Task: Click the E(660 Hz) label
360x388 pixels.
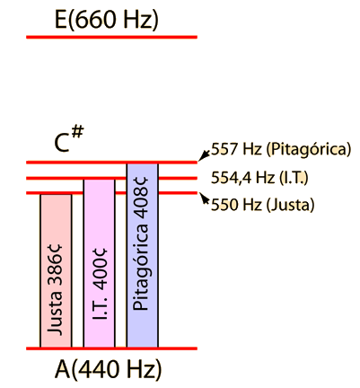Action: pyautogui.click(x=107, y=20)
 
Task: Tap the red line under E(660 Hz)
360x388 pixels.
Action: pyautogui.click(x=111, y=37)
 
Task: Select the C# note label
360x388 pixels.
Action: pyautogui.click(x=69, y=139)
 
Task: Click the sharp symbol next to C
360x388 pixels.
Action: pyautogui.click(x=77, y=132)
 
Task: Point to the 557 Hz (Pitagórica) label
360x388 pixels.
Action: pyautogui.click(x=281, y=149)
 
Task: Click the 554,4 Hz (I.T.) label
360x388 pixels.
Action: pyautogui.click(x=259, y=178)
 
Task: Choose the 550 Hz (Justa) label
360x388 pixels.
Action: pyautogui.click(x=263, y=205)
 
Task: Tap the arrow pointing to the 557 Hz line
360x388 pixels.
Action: pyautogui.click(x=205, y=154)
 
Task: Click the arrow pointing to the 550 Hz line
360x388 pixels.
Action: pyautogui.click(x=205, y=198)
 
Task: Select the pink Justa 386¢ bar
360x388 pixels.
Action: pyautogui.click(x=56, y=271)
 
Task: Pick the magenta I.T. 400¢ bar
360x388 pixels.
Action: pyautogui.click(x=99, y=263)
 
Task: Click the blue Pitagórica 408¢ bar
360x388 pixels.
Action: pyautogui.click(x=143, y=255)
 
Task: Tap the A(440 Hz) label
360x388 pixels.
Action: pyautogui.click(x=108, y=369)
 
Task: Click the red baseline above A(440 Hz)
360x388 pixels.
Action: pyautogui.click(x=111, y=348)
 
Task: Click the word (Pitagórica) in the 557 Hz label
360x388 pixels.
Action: pyautogui.click(x=308, y=149)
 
